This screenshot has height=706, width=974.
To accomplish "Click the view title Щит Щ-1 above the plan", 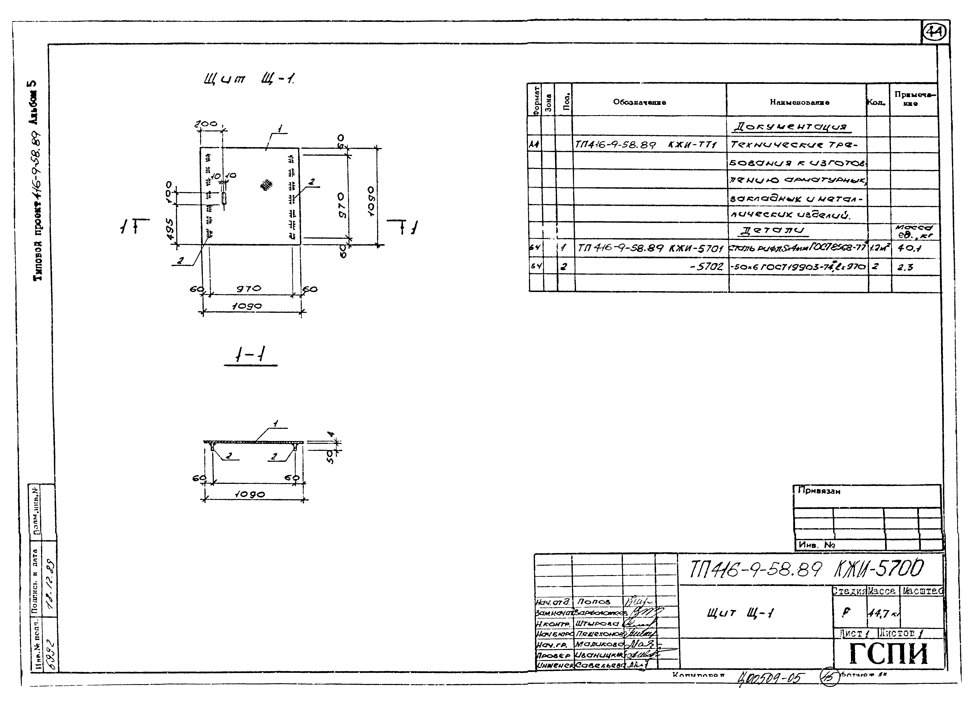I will coord(250,79).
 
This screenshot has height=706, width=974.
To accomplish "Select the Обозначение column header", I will coord(639,102).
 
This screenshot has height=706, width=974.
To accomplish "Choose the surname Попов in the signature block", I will coord(593,602).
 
